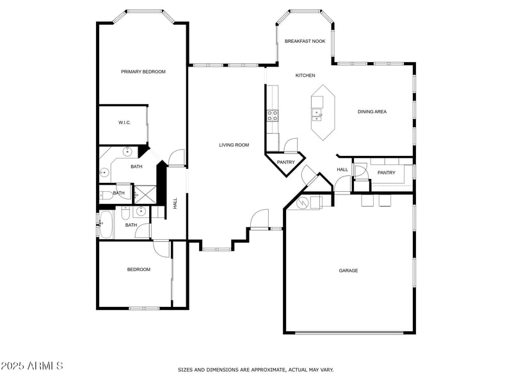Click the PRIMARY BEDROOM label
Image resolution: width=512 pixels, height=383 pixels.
143,72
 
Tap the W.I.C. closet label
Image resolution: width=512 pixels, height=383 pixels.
124,123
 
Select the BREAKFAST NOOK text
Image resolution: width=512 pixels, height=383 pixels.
305,41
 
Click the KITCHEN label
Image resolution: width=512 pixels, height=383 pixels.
305,75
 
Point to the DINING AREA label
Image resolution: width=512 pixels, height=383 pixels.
372,112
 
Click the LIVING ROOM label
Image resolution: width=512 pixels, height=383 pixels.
234,145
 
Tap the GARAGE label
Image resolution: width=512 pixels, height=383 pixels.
348,270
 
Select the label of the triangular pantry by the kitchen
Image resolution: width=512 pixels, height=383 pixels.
285,162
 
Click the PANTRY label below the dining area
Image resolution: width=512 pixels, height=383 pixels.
386,173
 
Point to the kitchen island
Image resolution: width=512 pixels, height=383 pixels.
325,112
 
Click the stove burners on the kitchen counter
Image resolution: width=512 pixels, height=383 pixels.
273,115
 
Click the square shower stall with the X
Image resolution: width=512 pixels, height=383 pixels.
144,194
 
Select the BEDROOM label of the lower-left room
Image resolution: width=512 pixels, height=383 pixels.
138,269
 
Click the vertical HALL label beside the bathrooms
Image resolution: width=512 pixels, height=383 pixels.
175,203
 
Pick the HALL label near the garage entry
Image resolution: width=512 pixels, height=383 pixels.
342,169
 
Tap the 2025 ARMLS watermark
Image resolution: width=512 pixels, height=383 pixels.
32,366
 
